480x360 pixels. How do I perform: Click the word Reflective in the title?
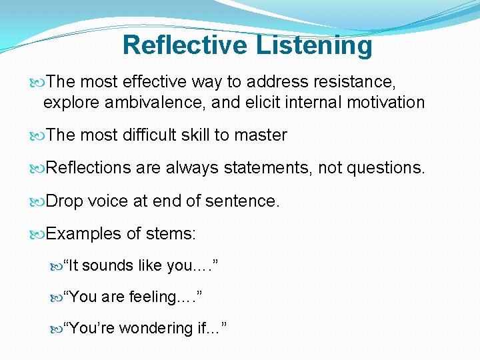tap(184, 45)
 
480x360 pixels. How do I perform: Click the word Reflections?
tap(89, 168)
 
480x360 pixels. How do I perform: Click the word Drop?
tap(65, 201)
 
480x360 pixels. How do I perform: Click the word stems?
tap(177, 233)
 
